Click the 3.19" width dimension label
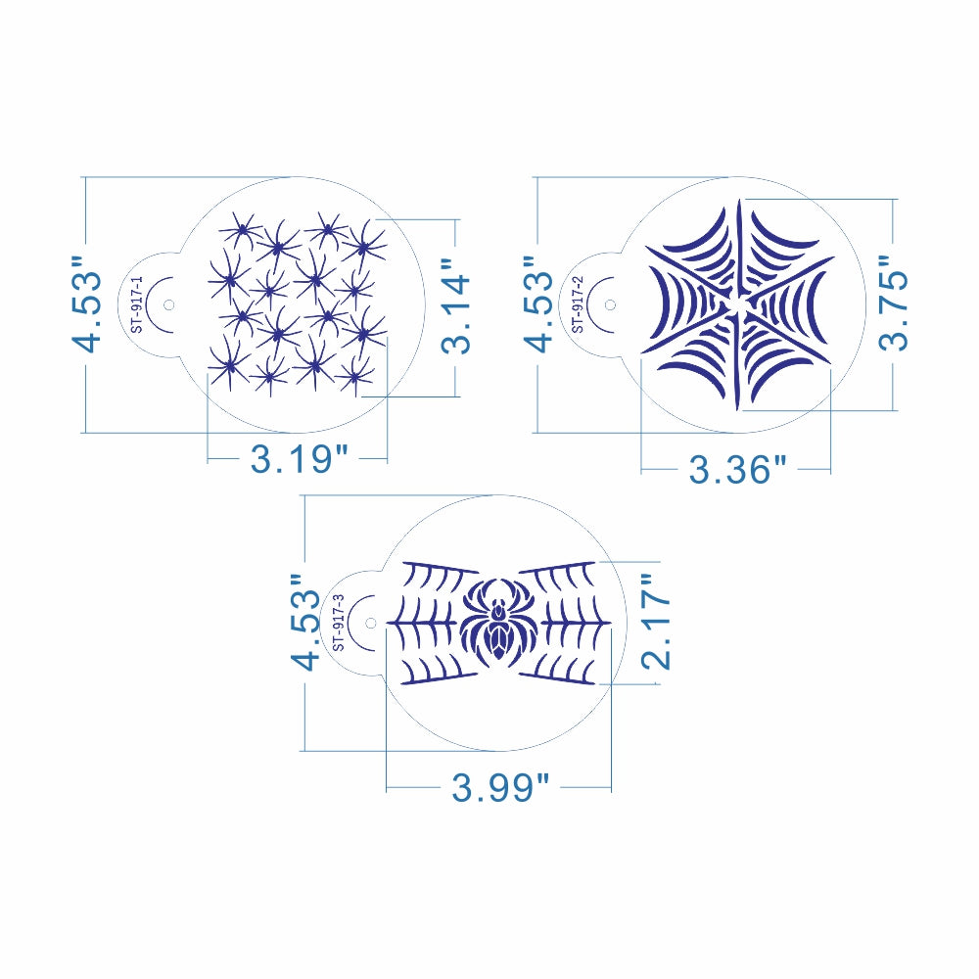(x=299, y=459)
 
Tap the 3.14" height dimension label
(x=456, y=305)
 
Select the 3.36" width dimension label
(x=737, y=469)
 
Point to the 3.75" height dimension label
(x=894, y=303)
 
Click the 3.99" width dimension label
(x=500, y=787)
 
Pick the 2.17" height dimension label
(x=656, y=623)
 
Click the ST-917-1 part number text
(x=137, y=304)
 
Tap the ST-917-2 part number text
(x=579, y=304)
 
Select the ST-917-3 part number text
(x=339, y=623)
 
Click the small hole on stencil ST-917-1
(x=168, y=304)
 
